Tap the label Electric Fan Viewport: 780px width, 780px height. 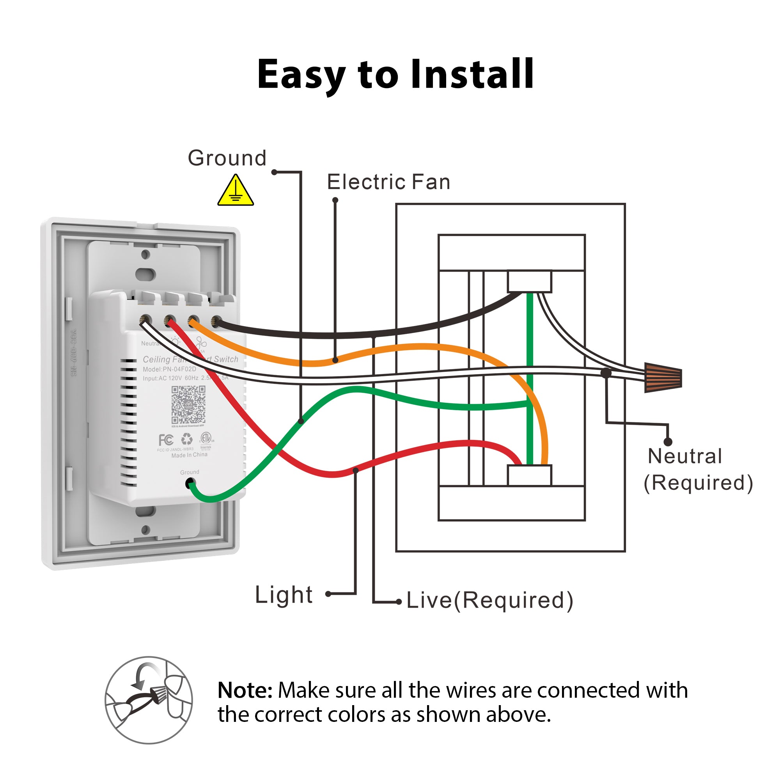coord(388,182)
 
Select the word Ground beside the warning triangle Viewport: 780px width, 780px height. coord(227,158)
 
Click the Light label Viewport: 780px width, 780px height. coord(284,595)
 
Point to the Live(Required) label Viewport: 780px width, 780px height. coord(490,600)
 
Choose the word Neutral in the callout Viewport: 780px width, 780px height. coord(685,457)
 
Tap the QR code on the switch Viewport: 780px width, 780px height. coord(188,404)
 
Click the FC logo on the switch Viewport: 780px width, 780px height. coord(166,440)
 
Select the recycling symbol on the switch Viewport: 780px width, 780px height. coord(186,439)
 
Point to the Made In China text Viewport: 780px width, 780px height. coord(190,455)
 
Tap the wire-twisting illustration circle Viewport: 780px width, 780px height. coord(149,700)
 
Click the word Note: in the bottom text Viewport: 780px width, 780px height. coord(245,690)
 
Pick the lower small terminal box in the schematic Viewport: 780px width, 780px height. coord(529,475)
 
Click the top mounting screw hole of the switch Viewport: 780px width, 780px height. coord(146,254)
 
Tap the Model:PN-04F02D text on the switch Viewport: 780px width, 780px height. coord(169,369)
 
